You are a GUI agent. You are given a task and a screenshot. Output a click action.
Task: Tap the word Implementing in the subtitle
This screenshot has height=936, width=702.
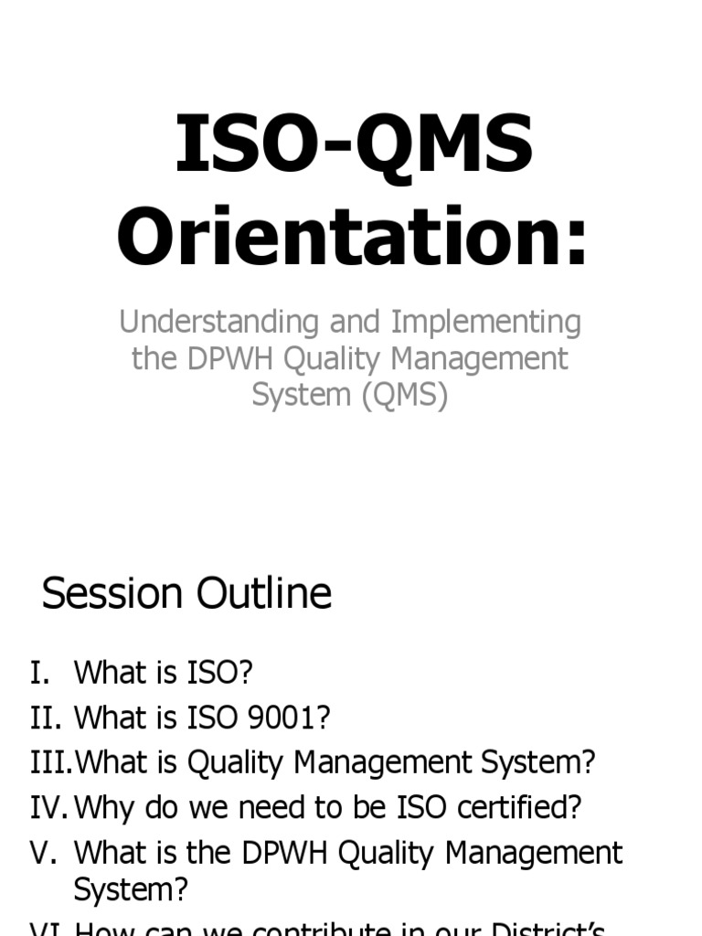coord(486,323)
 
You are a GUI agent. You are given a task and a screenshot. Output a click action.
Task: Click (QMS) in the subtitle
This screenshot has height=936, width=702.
coord(403,396)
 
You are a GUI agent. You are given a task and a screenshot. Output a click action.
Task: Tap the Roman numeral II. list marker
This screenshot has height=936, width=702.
coord(46,718)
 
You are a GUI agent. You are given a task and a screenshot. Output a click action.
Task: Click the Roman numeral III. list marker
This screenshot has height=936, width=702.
coord(50,763)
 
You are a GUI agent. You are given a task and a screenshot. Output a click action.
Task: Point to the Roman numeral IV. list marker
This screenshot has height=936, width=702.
coord(48,808)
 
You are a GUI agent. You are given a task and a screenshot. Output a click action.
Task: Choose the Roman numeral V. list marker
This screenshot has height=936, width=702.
coord(44,853)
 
